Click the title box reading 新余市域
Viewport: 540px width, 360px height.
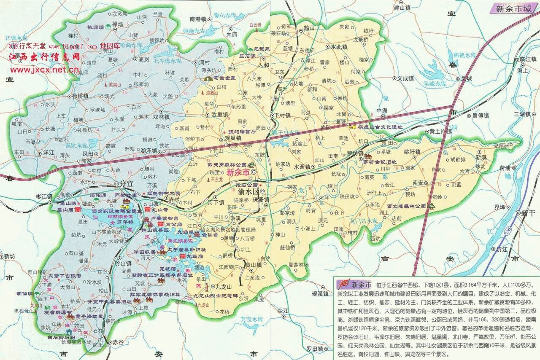click(514, 8)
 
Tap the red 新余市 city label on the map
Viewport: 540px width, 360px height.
click(238, 172)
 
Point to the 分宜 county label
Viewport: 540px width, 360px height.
click(127, 184)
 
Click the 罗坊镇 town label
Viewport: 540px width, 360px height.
click(352, 153)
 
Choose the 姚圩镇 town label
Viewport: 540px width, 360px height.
click(412, 152)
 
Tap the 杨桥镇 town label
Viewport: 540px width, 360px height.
click(80, 96)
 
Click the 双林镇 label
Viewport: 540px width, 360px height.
click(161, 117)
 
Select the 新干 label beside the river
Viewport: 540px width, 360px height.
click(527, 213)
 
